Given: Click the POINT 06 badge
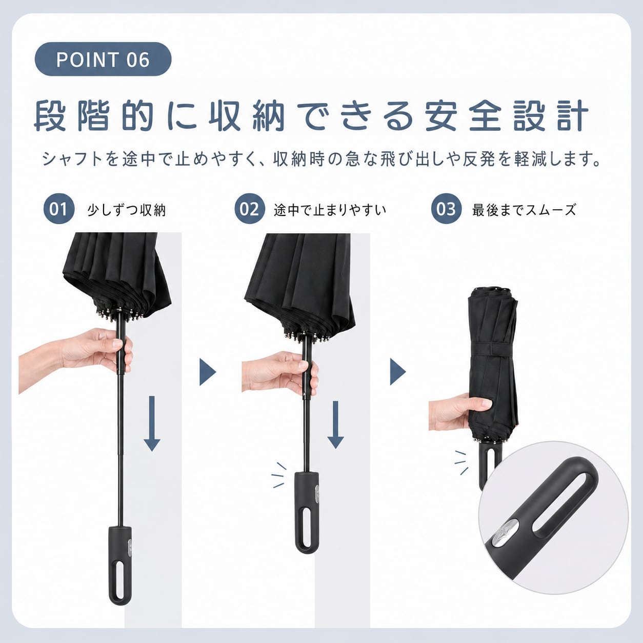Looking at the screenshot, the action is [103, 59].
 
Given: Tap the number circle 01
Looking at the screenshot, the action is [59, 209].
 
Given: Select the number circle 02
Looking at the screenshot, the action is [250, 209].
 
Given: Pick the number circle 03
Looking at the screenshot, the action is [446, 209].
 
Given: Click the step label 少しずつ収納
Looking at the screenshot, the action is [127, 210].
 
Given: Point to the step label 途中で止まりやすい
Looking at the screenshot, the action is [330, 210].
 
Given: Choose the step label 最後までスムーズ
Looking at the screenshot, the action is [524, 210].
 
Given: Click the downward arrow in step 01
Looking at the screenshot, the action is [152, 424].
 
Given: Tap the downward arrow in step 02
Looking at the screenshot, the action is [336, 425].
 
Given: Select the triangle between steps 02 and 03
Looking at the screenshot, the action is [398, 372].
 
